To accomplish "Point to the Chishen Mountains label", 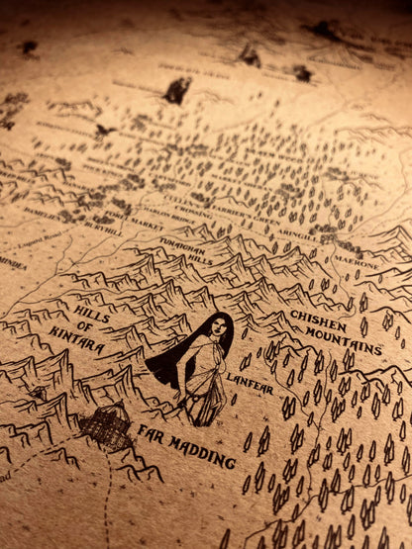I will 336,331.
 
